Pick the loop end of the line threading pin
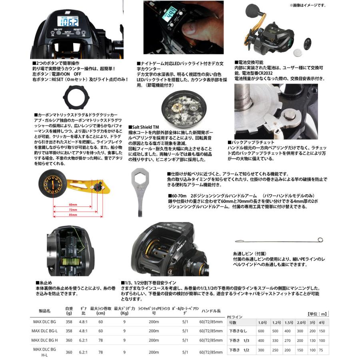320,240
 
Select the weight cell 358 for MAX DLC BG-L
69,331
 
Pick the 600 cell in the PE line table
261,331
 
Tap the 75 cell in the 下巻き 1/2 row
322,350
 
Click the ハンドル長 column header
211,310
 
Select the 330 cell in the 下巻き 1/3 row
276,340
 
